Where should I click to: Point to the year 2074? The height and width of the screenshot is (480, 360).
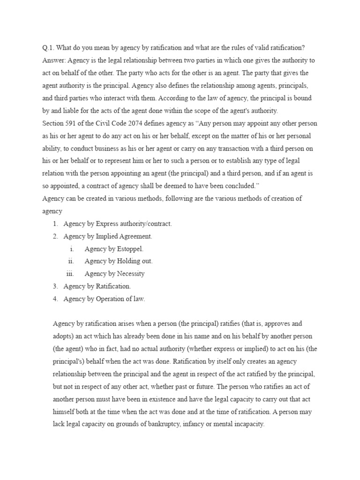134,123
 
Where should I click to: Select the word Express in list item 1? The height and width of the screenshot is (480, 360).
108,224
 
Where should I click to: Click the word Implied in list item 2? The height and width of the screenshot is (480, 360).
108,236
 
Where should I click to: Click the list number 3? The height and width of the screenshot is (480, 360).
55,286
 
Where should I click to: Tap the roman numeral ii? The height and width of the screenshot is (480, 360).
71,261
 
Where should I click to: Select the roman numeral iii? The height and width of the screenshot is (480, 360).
70,273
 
